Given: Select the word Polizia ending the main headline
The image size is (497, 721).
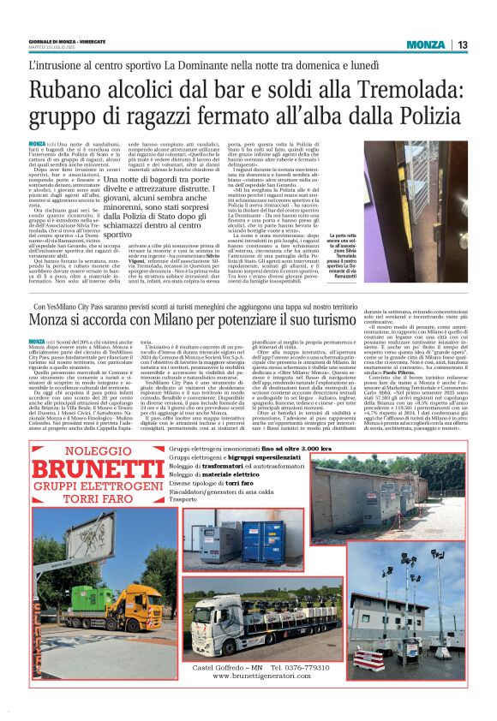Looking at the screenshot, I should (x=428, y=116).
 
